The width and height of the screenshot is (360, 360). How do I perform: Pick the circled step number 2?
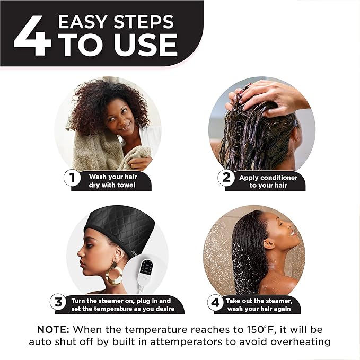click(226, 178)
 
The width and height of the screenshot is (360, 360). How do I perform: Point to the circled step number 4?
click(214, 303)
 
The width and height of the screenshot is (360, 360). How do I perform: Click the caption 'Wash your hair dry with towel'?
click(112, 181)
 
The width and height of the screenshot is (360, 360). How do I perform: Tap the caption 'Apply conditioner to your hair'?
click(268, 181)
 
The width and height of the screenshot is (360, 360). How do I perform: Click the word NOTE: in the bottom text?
click(55, 329)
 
